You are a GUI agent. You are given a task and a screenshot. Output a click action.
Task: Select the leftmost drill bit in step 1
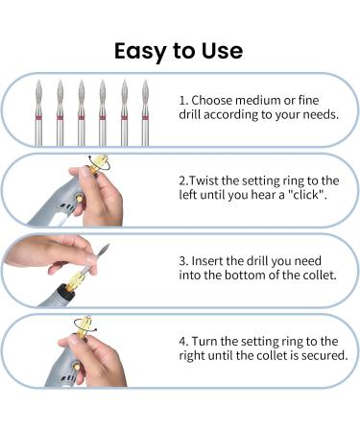[40, 112]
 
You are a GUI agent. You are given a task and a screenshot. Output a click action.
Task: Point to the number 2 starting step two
[182, 180]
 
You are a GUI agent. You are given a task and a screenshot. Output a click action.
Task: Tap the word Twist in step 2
[210, 180]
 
